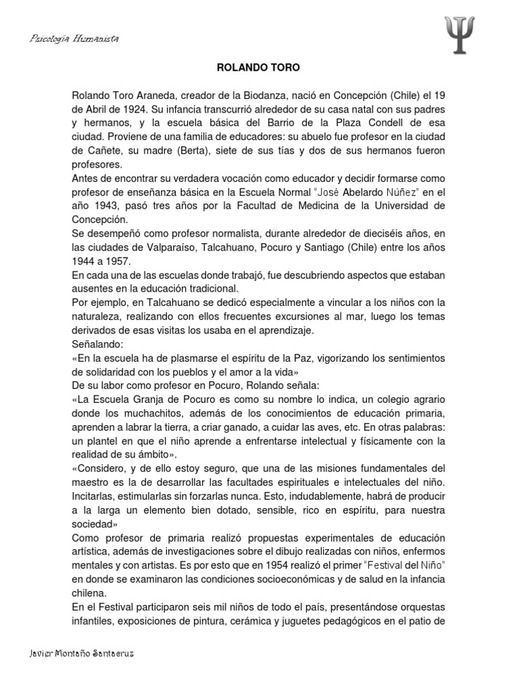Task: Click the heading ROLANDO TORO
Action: coord(258,68)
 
